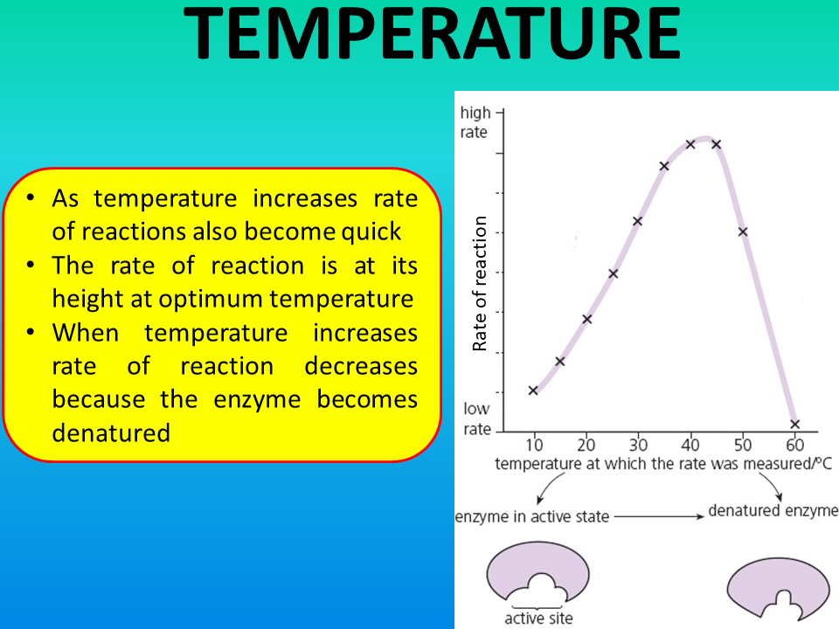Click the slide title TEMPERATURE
click(x=431, y=33)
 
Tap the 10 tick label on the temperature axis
click(x=534, y=445)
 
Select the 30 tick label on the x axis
click(x=638, y=445)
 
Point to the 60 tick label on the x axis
click(x=794, y=445)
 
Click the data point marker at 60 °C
click(x=794, y=425)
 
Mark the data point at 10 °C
click(x=533, y=391)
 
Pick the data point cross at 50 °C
click(x=743, y=232)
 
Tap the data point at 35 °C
click(x=664, y=166)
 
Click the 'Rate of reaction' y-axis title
click(x=480, y=283)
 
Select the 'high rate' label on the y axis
click(x=475, y=122)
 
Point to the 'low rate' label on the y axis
click(x=477, y=418)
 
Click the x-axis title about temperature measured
click(x=663, y=464)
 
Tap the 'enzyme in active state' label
click(x=532, y=516)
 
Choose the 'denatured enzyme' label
click(x=773, y=511)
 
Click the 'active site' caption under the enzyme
click(x=538, y=619)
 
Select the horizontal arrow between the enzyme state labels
click(x=659, y=516)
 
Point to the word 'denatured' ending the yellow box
click(x=111, y=432)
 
